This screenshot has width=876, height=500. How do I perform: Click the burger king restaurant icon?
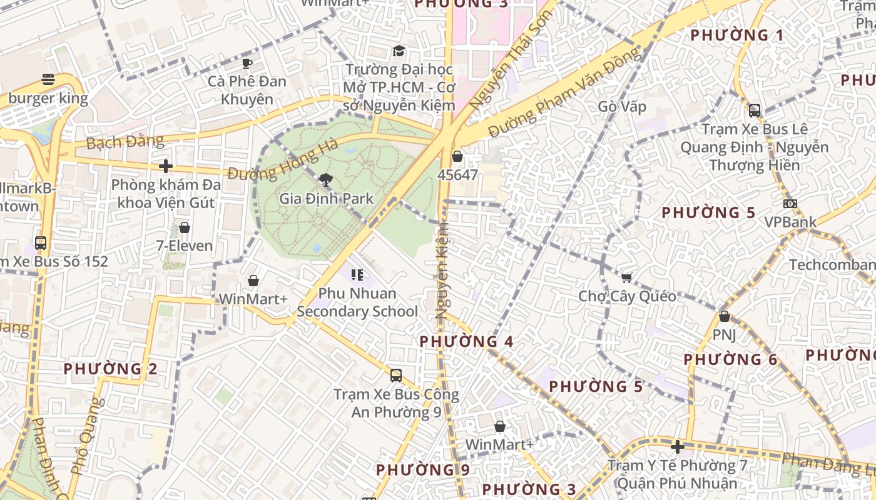pos(48,79)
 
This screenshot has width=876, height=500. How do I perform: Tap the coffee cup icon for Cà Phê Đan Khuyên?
pos(247,62)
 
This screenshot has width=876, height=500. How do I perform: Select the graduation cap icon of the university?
pos(399,51)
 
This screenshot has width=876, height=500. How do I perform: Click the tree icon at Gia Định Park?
pos(325,181)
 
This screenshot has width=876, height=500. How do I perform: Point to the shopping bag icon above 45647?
pos(457,156)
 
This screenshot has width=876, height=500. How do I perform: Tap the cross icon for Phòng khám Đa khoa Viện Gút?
pos(166,166)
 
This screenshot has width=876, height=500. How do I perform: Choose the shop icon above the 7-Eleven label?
pos(185,227)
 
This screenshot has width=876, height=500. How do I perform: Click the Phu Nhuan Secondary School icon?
pos(357,274)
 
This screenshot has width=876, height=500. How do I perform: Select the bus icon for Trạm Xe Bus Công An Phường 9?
pos(396,375)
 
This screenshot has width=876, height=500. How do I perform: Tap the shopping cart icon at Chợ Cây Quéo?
pos(626,277)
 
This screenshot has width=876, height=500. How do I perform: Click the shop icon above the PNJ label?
pos(725,316)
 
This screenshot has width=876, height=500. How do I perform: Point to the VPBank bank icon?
pos(790,204)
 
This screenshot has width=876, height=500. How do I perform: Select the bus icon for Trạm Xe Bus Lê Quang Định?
pos(755,111)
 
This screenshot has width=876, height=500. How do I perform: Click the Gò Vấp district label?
pos(622,106)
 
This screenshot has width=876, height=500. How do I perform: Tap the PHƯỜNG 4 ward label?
pos(466,341)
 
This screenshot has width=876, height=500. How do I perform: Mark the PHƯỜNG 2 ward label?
pos(110,369)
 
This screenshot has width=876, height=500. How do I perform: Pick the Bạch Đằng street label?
pos(125,142)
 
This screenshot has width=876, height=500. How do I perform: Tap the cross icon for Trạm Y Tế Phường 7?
pos(677,447)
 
